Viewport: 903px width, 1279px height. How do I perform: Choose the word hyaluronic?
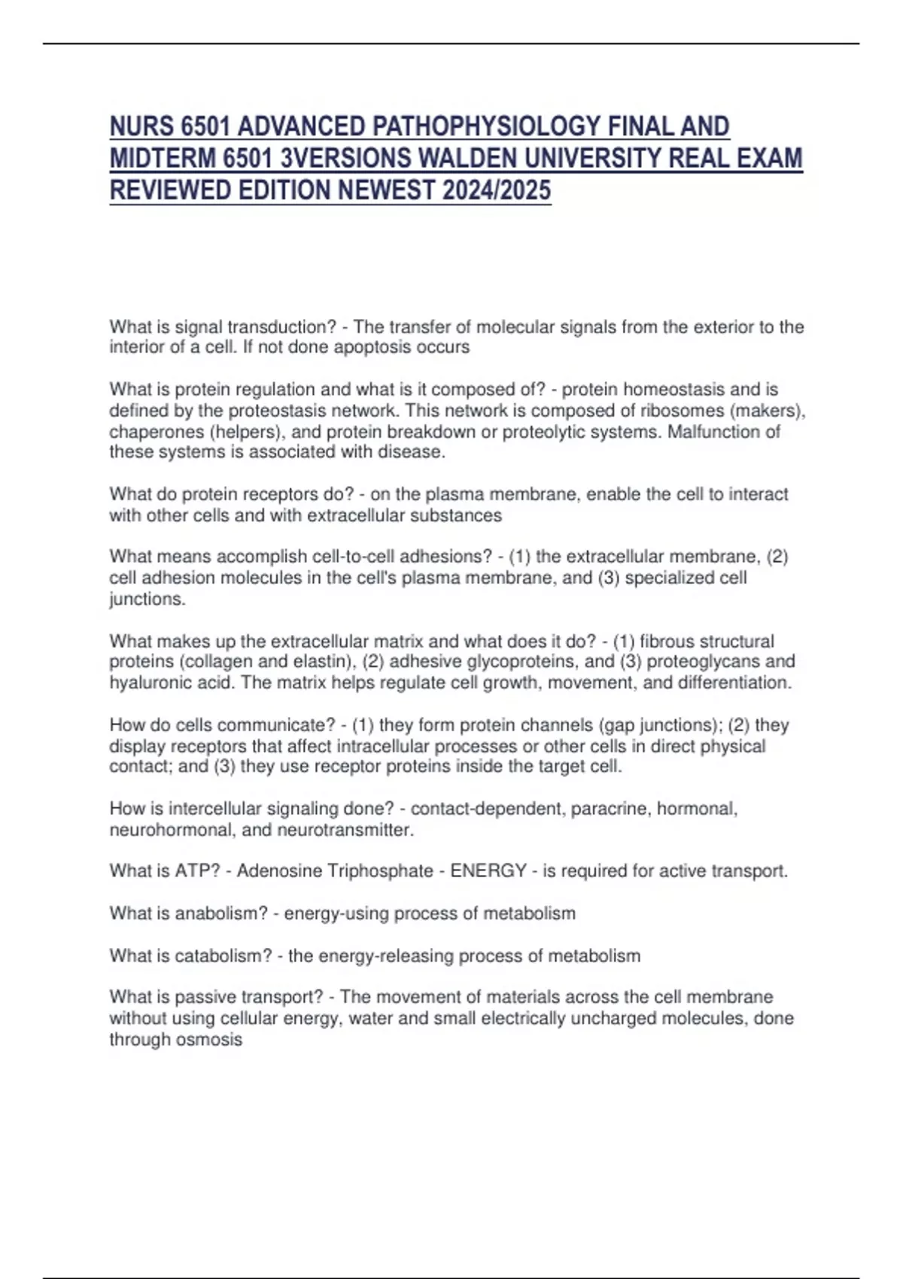pos(146,683)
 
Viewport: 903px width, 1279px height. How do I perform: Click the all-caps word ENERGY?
pos(488,871)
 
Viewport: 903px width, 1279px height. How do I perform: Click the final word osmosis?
pos(213,1040)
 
